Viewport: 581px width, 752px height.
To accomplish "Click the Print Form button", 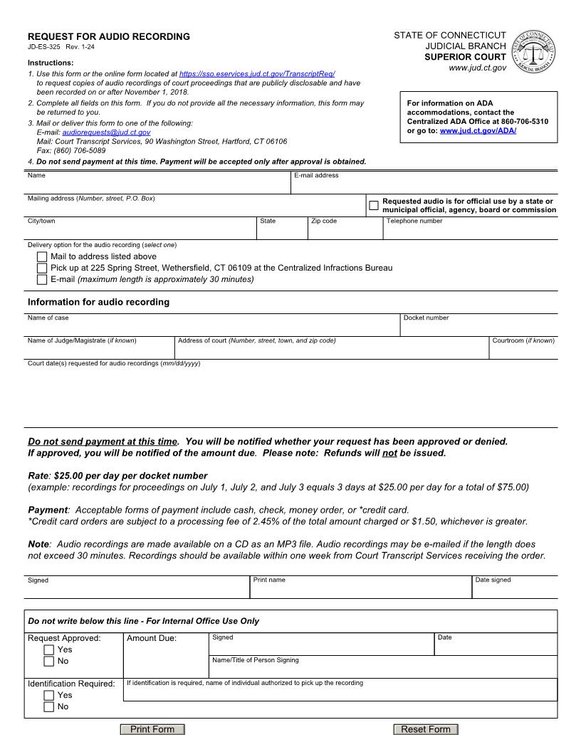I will pos(152,729).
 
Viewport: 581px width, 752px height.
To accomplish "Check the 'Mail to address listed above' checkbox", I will pos(42,256).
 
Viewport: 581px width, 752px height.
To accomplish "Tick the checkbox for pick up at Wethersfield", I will pos(42,268).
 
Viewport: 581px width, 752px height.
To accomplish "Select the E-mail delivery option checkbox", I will pos(42,279).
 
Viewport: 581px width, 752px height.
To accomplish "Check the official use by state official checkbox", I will pos(374,206).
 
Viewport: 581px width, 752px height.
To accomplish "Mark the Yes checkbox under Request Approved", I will pos(48,650).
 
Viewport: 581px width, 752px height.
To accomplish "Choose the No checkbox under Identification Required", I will pos(48,707).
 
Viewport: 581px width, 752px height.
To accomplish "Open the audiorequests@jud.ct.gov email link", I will pos(106,132).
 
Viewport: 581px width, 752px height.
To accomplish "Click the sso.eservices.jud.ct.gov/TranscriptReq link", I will pos(257,74).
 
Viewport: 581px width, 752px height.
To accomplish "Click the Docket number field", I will pos(478,328).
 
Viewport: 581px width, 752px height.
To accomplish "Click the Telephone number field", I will pos(470,231).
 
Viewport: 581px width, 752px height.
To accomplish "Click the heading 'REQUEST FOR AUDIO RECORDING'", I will pos(109,36).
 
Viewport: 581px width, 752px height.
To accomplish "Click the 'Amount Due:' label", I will pos(152,639).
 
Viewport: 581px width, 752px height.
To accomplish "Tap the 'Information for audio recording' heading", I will pos(98,302).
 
